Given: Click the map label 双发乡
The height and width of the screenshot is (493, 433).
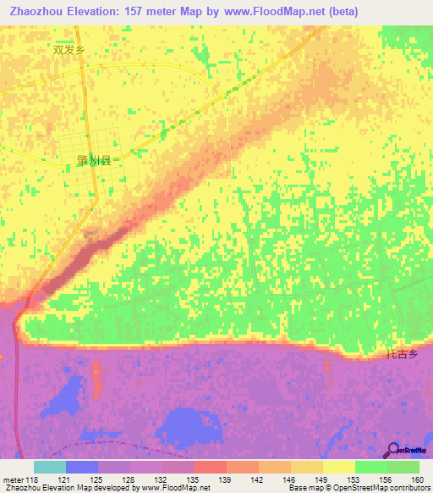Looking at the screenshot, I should coord(69,50).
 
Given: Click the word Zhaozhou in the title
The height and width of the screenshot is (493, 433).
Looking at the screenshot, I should coord(38,12).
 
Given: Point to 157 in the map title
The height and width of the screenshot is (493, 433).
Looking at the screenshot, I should coord(150,12).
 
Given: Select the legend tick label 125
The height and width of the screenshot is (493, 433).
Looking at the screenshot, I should coord(99,479).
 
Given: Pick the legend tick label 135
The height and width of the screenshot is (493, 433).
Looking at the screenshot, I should coord(195,479).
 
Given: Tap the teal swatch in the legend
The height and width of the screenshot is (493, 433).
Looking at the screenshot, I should coord(50,467).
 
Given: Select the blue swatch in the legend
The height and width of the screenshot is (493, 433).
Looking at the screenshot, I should coord(82,467).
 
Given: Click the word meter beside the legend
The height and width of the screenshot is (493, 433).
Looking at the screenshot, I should coord(12,479).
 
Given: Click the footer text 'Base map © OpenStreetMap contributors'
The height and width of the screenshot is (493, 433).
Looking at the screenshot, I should coord(358,488).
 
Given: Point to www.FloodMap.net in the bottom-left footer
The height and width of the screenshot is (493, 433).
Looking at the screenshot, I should coord(175,488).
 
